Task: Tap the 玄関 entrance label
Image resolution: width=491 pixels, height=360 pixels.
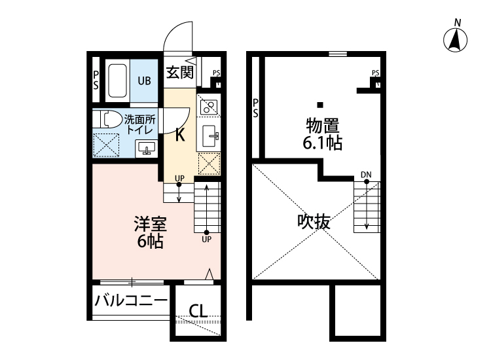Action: point(179,73)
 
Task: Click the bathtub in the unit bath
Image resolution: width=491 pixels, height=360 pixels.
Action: point(117,81)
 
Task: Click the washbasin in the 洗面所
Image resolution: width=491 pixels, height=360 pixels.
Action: point(147,149)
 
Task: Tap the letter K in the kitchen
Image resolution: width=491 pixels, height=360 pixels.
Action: point(179,136)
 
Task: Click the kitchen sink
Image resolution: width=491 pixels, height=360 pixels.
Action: point(211,136)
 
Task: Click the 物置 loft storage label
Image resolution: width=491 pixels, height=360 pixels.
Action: point(321,125)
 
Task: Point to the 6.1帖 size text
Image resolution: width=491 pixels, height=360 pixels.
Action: point(321,143)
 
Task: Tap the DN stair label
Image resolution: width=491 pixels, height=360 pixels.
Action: point(366,174)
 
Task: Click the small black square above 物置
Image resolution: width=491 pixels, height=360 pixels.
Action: point(320,105)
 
